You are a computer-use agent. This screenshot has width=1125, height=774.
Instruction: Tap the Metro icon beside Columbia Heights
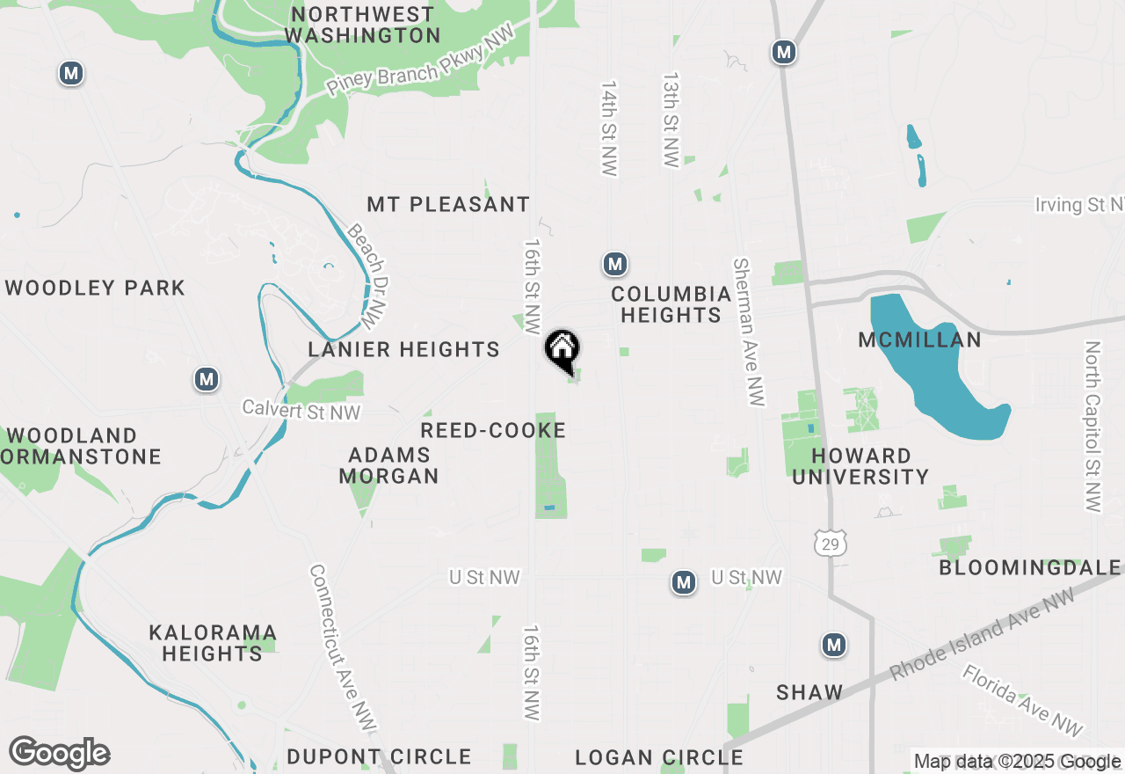point(614,264)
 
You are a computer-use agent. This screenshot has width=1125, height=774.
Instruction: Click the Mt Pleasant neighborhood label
point(448,204)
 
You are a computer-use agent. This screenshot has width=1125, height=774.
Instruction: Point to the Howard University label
point(870,466)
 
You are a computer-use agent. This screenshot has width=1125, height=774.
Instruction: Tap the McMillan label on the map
point(919,340)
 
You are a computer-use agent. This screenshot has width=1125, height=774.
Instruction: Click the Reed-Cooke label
point(493,430)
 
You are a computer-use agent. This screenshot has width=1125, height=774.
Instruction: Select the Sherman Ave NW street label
point(748,332)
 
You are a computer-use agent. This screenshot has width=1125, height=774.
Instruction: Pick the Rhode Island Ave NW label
point(982,635)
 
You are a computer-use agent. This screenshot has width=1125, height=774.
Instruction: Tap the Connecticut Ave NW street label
point(342,647)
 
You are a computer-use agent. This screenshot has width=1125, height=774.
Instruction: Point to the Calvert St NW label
point(301,410)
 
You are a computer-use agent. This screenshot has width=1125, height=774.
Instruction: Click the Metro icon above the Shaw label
point(834,645)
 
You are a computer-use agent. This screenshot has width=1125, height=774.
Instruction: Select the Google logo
point(59,754)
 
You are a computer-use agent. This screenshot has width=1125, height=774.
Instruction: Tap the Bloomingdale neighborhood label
point(1030,567)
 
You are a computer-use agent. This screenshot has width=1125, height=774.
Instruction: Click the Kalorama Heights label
point(213,643)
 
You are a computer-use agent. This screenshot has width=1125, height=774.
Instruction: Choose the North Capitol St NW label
point(1092,427)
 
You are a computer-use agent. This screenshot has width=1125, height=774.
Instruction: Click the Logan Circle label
point(659,757)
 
